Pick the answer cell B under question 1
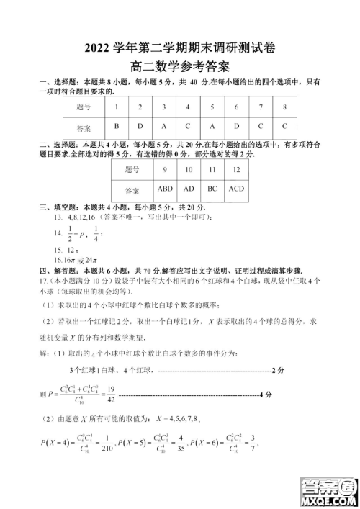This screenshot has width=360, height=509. point(117,126)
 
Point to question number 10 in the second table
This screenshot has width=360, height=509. point(189,170)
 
